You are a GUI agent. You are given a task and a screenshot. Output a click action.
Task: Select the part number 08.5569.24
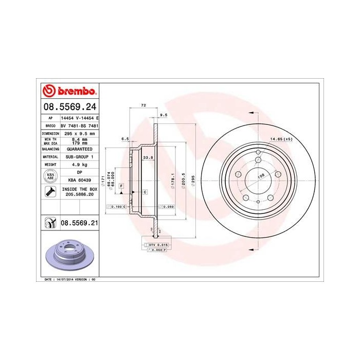pos(69,107)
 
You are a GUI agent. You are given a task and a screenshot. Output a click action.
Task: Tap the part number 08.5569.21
pos(79,223)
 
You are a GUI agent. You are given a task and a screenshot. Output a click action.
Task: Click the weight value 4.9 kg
pos(79,164)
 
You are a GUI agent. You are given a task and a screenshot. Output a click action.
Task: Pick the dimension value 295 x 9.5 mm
pos(79,133)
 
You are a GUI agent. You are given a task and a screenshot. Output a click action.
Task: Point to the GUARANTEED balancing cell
pos(79,148)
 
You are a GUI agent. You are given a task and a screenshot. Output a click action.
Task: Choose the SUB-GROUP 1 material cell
pos(79,156)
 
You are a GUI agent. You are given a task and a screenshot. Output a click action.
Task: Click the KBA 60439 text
pos(79,181)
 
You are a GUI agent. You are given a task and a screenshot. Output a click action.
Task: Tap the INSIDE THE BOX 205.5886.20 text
pos(79,192)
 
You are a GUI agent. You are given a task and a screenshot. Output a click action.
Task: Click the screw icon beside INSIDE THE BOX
pos(50,192)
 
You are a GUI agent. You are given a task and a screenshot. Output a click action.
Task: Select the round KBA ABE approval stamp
pos(50,176)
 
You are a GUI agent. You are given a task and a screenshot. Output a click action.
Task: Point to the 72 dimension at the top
pos(143,105)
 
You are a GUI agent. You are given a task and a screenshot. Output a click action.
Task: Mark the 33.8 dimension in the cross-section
pos(146,158)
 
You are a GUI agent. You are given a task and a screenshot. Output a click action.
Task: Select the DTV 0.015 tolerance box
pos(155,245)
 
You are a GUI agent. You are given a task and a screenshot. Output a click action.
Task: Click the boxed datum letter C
pos(145,192)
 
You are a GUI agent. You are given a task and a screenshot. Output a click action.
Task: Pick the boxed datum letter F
pos(121,185)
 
